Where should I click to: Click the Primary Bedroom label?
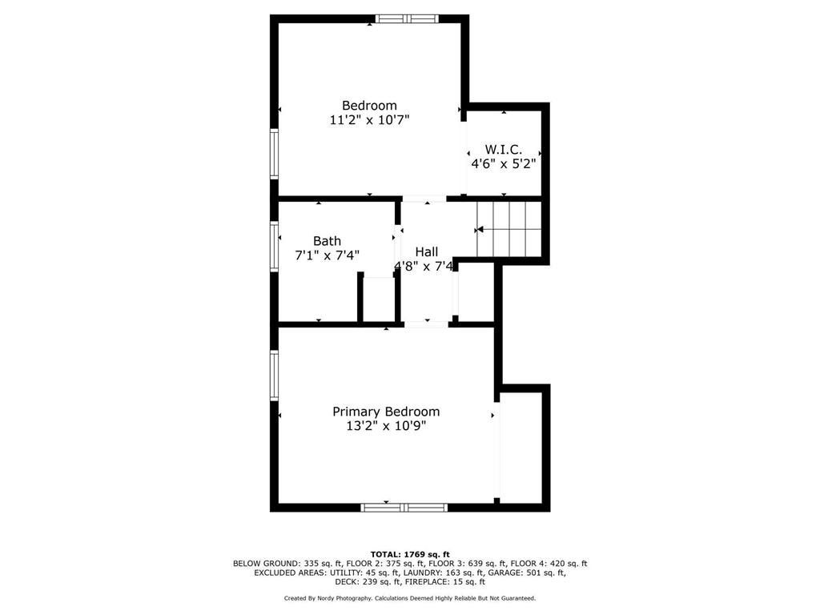[386, 412]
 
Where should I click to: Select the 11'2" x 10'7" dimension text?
[369, 120]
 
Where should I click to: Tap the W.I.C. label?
[503, 150]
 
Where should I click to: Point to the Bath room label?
[327, 241]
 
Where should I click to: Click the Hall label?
[426, 252]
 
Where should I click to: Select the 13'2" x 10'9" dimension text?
[386, 426]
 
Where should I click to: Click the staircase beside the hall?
[508, 230]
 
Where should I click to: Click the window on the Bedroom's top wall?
[407, 19]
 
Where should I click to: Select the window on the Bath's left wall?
[274, 247]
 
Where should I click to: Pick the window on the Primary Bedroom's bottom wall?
[404, 507]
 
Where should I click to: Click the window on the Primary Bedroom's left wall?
[274, 375]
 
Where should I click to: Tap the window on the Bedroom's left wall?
[274, 154]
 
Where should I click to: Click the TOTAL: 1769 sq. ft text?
[410, 554]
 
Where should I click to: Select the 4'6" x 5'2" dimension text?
[504, 163]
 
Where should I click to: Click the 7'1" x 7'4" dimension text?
[328, 255]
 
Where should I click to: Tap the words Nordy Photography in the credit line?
[341, 598]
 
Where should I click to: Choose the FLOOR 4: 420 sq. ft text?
[549, 564]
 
